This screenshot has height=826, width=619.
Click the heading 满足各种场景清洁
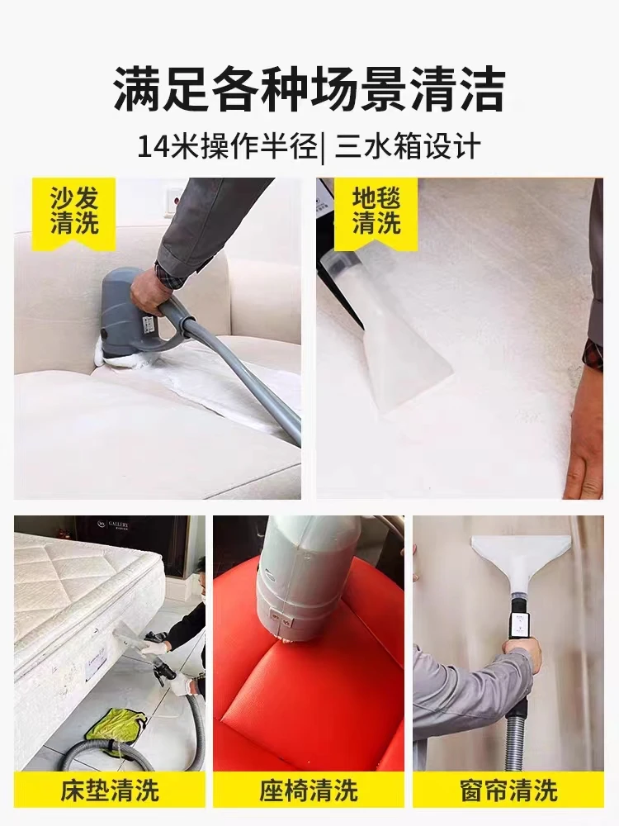tap(309, 88)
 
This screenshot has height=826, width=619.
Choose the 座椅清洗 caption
tap(309, 790)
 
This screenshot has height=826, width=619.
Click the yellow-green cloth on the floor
tap(116, 724)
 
